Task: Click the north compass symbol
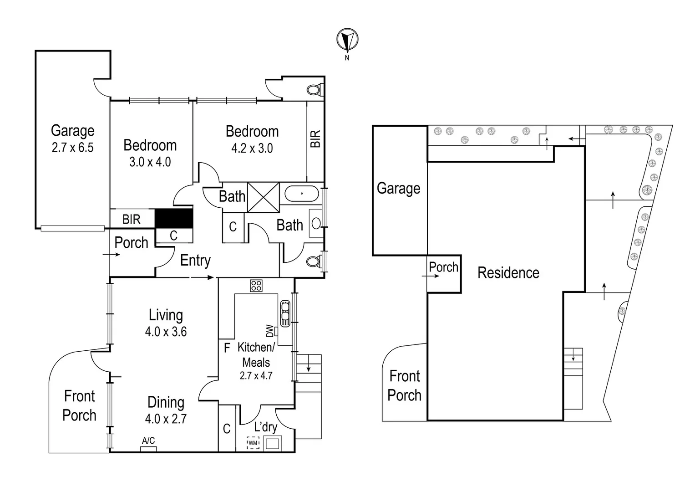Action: (x=347, y=40)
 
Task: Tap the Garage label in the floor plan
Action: (x=72, y=131)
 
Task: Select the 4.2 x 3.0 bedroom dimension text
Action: (x=252, y=149)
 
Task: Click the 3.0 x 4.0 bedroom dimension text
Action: (x=150, y=162)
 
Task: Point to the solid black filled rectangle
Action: (x=174, y=219)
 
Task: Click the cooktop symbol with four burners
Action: (x=256, y=286)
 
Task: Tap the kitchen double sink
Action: (x=285, y=313)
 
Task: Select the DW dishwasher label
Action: (x=269, y=331)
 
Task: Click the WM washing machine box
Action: (x=253, y=443)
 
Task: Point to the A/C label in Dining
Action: (x=148, y=441)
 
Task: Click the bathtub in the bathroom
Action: (x=301, y=194)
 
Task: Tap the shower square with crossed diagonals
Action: (x=264, y=197)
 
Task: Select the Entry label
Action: (x=195, y=261)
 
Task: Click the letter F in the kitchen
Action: (x=227, y=348)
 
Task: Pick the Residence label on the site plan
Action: (x=508, y=273)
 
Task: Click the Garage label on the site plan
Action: (x=398, y=188)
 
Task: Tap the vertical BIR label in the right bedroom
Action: (x=315, y=139)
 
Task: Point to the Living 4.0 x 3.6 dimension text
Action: (x=166, y=332)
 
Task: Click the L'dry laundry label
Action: (x=265, y=427)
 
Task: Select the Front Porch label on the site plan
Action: (x=404, y=385)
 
